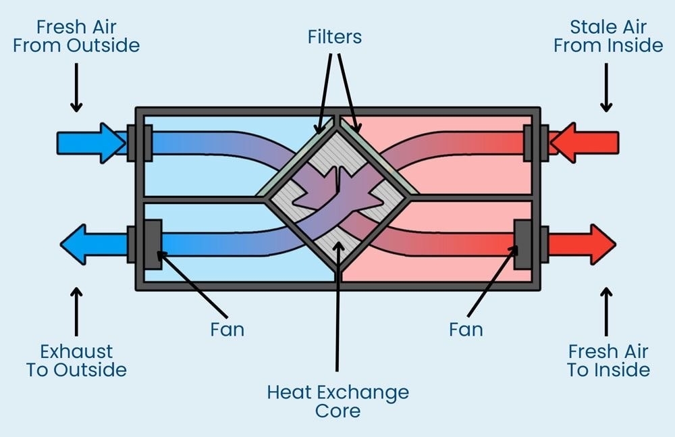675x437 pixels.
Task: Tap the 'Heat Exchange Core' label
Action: point(337,401)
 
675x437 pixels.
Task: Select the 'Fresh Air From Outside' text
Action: point(76,37)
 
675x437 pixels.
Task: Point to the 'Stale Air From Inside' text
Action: point(608,37)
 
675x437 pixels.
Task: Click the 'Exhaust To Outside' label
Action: point(76,361)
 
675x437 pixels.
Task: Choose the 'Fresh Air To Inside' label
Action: point(608,361)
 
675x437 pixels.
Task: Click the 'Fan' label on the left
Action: point(227,330)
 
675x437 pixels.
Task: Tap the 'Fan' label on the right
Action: point(466,330)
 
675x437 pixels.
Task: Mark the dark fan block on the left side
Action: point(153,244)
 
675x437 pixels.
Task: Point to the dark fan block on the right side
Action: point(522,244)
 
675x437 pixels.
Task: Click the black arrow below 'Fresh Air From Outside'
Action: point(76,88)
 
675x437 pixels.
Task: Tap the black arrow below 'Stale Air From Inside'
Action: point(606,88)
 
